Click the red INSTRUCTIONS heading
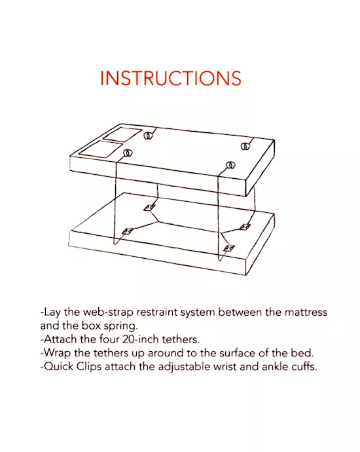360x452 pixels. (171, 78)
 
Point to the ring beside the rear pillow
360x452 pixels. (149, 137)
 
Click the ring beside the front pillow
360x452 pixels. (128, 154)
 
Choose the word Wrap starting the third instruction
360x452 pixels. (57, 353)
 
